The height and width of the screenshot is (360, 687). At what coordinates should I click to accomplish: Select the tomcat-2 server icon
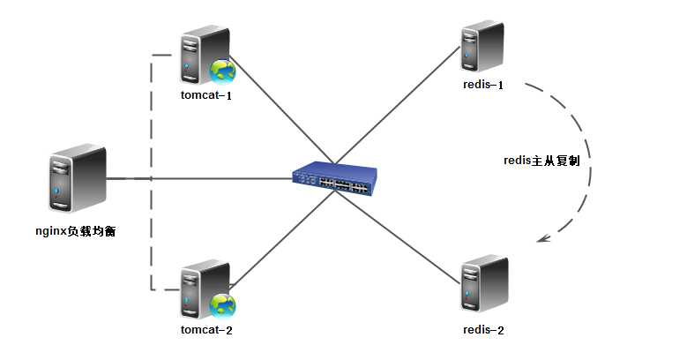click(199, 288)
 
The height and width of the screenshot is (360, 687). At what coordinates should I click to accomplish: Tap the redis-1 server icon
click(482, 49)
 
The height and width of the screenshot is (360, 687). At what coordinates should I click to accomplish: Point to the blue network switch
click(334, 179)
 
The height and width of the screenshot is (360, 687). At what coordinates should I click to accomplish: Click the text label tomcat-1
click(205, 94)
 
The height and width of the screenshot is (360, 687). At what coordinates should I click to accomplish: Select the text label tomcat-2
click(205, 330)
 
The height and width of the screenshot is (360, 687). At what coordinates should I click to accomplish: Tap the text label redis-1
click(482, 85)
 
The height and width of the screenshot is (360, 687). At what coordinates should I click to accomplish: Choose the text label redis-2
click(482, 330)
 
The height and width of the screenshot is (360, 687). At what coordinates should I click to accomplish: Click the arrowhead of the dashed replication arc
click(546, 237)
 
